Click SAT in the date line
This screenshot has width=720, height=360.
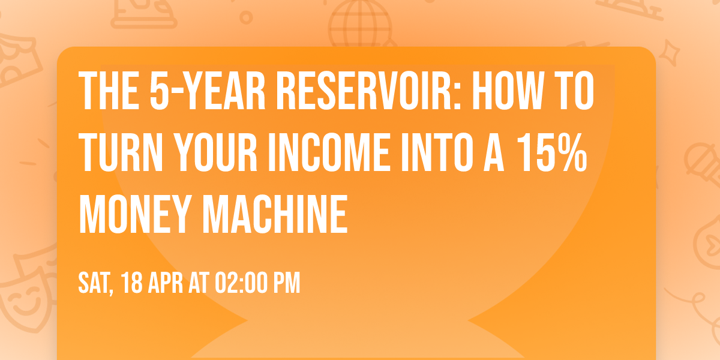coord(95,283)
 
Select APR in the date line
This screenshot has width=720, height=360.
coord(167,283)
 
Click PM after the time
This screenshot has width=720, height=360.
coord(287,283)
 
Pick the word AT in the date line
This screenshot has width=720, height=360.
coord(198,283)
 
